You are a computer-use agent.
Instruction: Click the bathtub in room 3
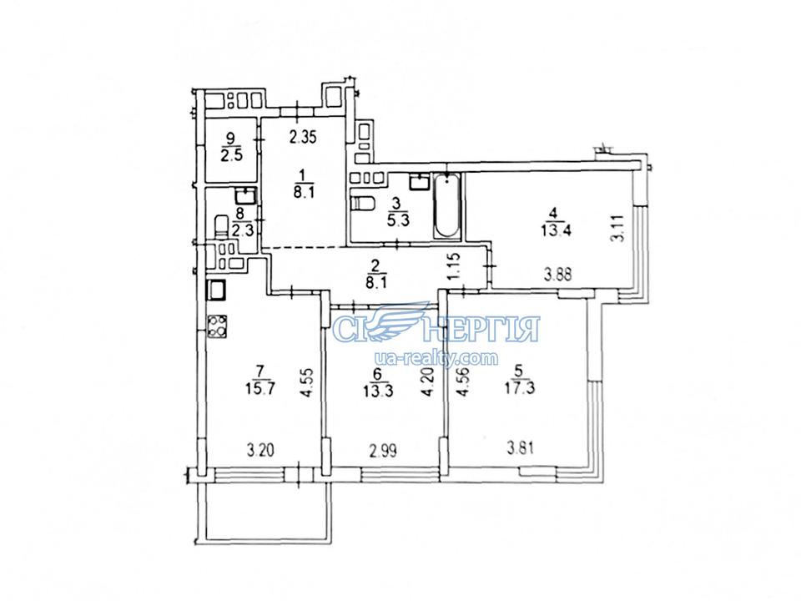click(x=447, y=205)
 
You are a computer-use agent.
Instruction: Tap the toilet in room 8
click(x=221, y=225)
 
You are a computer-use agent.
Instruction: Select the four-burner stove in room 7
click(x=217, y=326)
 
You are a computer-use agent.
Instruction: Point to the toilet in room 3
click(x=360, y=203)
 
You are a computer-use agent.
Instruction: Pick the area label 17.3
click(x=520, y=387)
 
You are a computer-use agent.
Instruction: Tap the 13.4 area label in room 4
click(x=556, y=230)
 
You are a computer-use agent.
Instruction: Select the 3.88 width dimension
click(x=557, y=275)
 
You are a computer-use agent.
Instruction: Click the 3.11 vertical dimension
click(x=618, y=228)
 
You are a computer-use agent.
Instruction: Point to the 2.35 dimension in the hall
click(x=303, y=137)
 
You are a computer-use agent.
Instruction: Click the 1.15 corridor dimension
click(x=456, y=266)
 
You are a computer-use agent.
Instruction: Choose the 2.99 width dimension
click(x=382, y=451)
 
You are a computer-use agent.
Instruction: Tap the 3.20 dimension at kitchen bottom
click(x=260, y=450)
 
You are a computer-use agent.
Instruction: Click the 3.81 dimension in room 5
click(x=520, y=449)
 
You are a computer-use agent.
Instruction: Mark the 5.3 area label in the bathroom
click(x=400, y=222)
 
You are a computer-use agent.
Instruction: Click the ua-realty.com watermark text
click(x=436, y=358)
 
